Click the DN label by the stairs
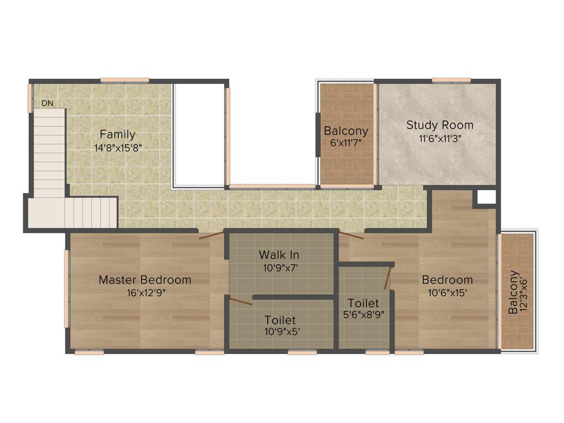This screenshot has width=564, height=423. coord(47,103)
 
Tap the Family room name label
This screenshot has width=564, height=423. coord(117,134)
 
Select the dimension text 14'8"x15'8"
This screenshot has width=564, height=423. coord(117,147)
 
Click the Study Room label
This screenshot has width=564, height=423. coord(440,125)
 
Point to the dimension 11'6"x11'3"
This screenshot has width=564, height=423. coord(440,139)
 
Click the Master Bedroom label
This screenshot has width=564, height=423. coord(145,280)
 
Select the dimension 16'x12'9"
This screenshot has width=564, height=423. coord(145,293)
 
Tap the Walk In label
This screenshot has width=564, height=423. coord(279,255)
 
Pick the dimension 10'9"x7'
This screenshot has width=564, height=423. coord(279,268)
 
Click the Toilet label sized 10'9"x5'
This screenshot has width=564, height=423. coord(280,320)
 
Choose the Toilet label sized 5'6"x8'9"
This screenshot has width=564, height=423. coord(363,303)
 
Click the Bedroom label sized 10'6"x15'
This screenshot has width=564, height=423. coord(447,280)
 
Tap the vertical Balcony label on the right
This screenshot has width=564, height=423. coord(513,292)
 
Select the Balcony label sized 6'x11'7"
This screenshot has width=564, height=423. coord(346,131)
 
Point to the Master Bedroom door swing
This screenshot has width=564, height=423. coord(212,235)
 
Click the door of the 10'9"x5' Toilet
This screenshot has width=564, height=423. coord(241,300)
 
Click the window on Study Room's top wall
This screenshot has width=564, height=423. coord(451,80)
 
